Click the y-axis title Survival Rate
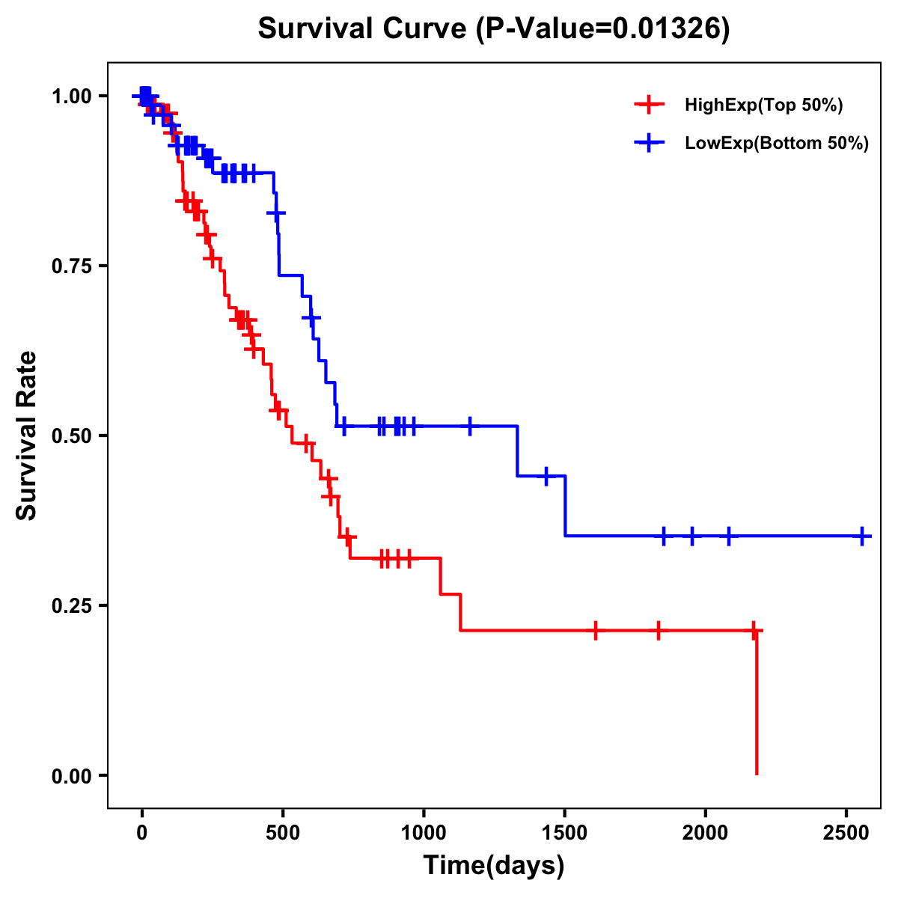coord(27,436)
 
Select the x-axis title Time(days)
coord(494,866)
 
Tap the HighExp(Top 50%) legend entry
coord(763,105)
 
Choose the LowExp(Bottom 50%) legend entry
coord(776,144)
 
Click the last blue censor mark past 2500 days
coord(862,536)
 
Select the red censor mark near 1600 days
coord(595,630)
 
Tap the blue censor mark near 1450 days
coord(546,475)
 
